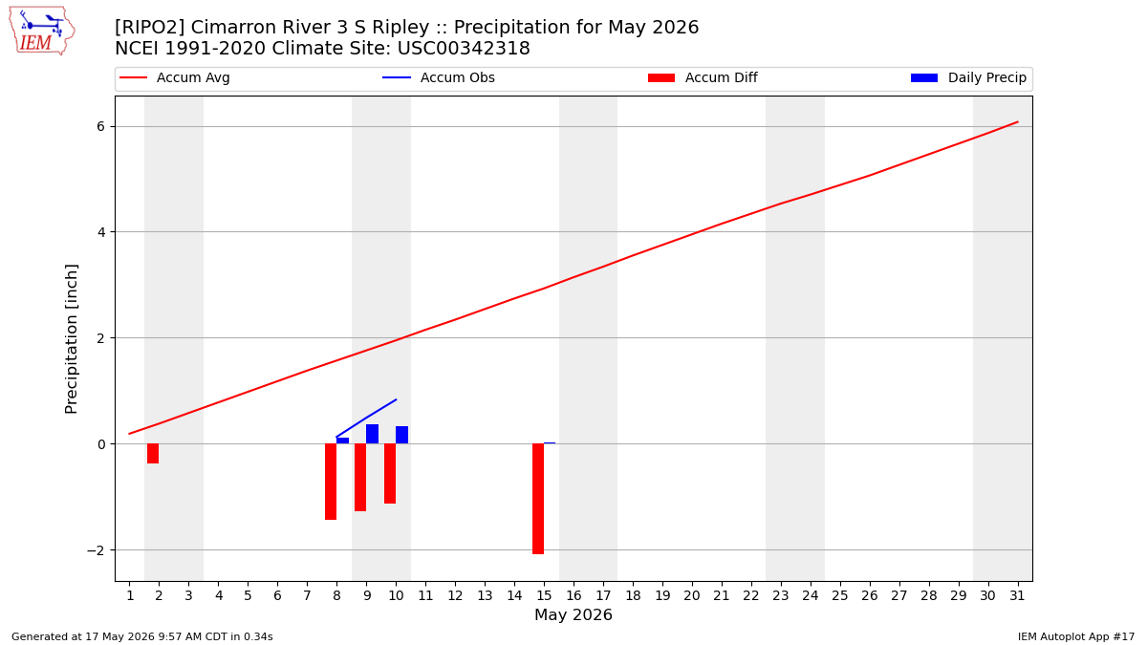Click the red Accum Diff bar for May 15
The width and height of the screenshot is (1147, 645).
(x=537, y=499)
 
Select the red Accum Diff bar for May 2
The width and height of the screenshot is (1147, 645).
(x=153, y=454)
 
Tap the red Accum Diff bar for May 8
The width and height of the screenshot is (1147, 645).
(x=331, y=482)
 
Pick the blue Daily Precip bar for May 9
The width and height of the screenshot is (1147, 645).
(x=372, y=434)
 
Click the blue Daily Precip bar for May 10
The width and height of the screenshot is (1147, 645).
(x=402, y=435)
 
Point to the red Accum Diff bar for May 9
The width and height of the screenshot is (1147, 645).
(x=360, y=477)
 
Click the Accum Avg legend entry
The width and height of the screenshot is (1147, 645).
(x=175, y=77)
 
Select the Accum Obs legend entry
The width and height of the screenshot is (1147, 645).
(x=439, y=77)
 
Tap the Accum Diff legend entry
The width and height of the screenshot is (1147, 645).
(x=703, y=77)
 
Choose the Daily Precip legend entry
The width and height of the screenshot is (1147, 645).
(x=969, y=77)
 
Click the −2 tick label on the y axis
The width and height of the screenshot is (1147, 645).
(x=96, y=550)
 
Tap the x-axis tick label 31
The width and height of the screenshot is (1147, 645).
(x=1017, y=596)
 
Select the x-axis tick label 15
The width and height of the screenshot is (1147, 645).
(x=544, y=596)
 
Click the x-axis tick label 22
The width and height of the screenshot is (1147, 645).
(x=751, y=596)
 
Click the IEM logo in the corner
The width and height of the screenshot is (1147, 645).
(x=42, y=32)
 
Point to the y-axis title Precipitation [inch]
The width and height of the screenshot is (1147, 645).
(x=71, y=339)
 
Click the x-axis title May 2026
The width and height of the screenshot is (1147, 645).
(x=573, y=614)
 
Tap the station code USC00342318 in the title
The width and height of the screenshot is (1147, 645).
(x=464, y=49)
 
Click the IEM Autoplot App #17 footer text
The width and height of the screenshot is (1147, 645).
(x=1076, y=636)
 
